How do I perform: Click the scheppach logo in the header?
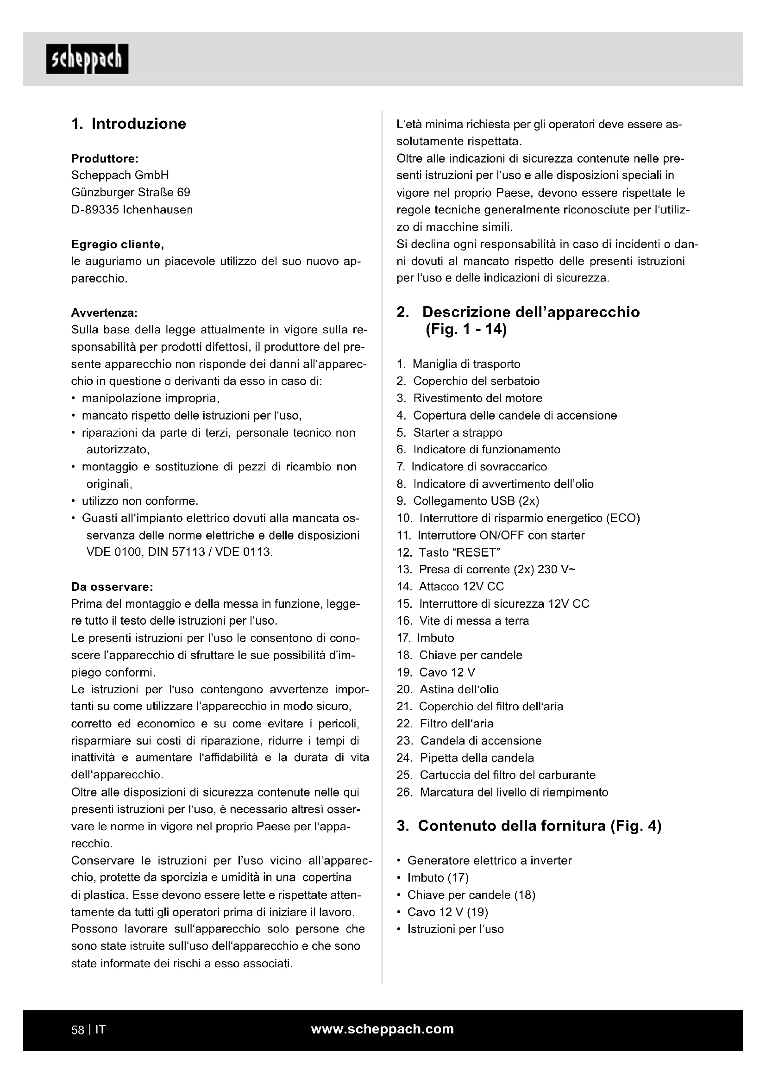coord(87,59)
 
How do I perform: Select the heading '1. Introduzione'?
coord(129,124)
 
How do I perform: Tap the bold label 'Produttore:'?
coord(104,158)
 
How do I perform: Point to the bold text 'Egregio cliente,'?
coord(118,244)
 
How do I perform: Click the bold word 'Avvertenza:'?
coord(104,313)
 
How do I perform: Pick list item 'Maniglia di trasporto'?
coord(466,364)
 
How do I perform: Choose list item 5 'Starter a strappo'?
coord(458,432)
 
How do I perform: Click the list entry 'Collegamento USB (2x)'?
coord(476,501)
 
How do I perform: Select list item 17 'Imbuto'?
coord(435,638)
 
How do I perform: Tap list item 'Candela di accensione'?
coord(481,740)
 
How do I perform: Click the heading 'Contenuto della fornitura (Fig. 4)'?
coord(539,826)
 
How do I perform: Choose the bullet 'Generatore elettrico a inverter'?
coord(489,860)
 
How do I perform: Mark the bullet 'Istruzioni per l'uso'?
coord(455,929)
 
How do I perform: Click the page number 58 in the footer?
coord(77,1030)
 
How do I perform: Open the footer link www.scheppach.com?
coord(383,1029)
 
